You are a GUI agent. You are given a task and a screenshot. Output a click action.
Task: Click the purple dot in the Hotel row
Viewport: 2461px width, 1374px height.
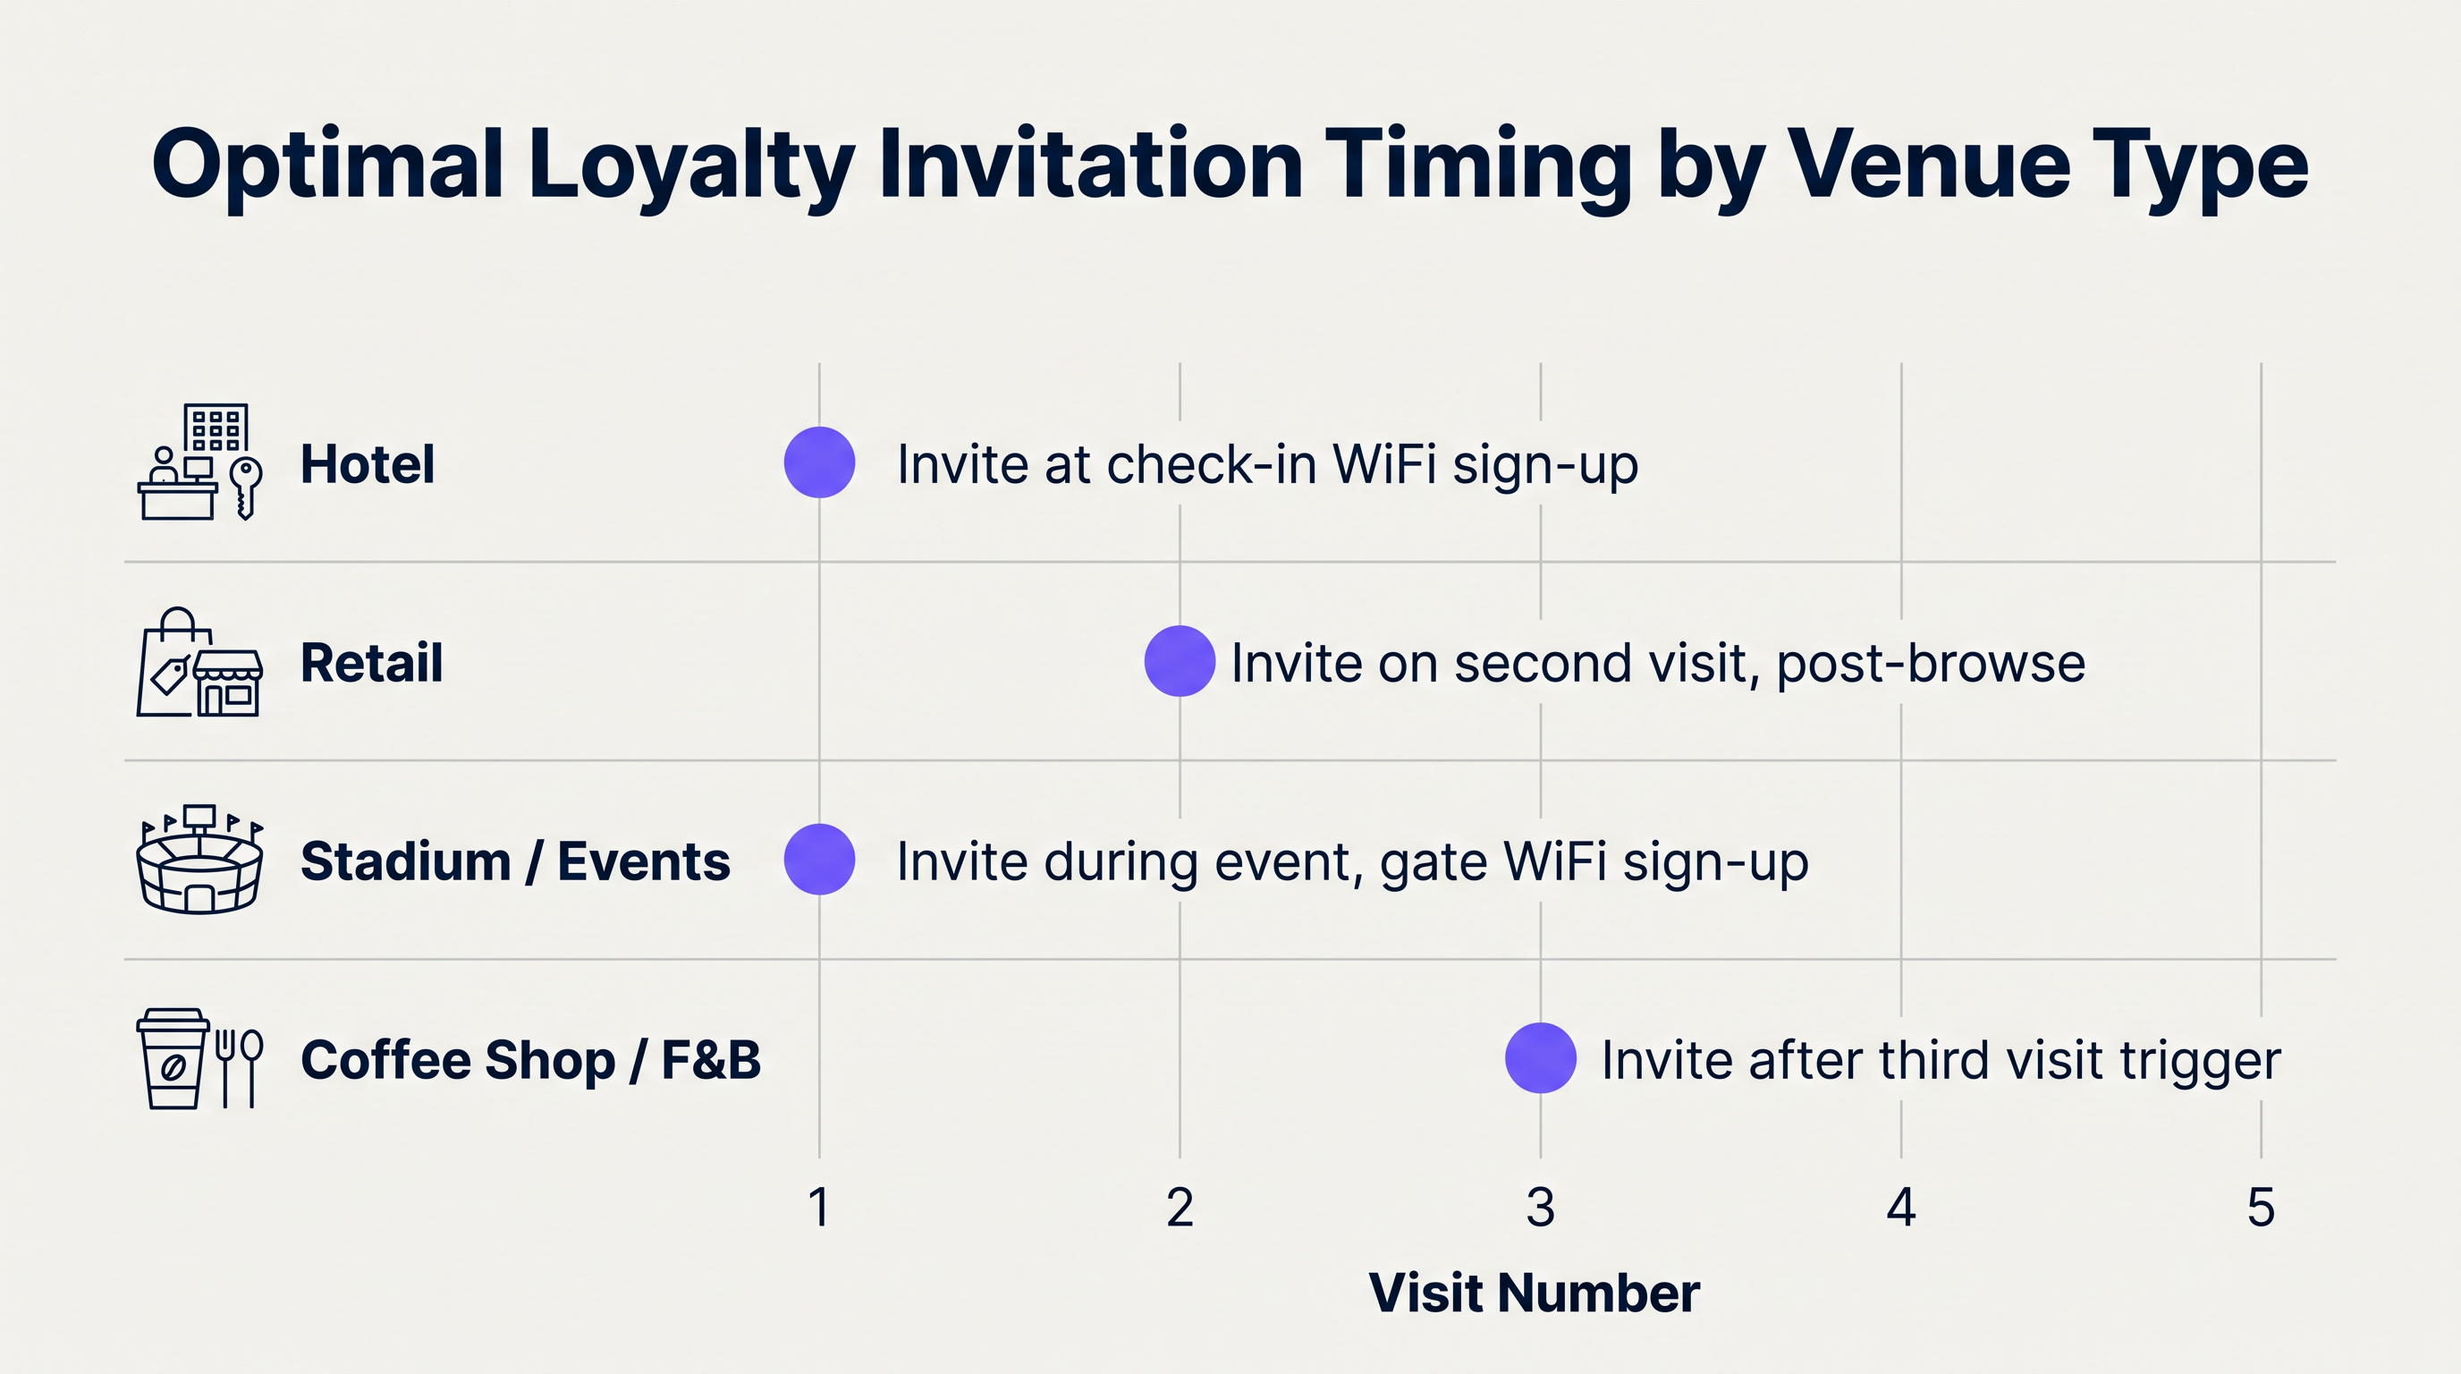tap(819, 462)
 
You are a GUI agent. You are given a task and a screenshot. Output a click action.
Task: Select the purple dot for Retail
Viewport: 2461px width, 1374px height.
tap(1180, 661)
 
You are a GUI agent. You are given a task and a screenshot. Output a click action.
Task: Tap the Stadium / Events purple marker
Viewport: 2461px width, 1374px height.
tap(819, 860)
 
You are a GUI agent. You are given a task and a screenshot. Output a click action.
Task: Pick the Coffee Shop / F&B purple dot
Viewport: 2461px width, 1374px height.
tap(1540, 1057)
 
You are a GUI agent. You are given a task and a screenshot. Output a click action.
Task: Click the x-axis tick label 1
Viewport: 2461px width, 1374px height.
tap(819, 1207)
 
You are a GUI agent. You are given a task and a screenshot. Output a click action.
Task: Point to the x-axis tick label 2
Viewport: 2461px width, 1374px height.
tap(1180, 1207)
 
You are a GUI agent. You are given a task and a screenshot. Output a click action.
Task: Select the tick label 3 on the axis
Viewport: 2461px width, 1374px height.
tap(1540, 1207)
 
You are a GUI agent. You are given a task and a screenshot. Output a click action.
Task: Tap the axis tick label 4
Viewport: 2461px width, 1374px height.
tap(1901, 1207)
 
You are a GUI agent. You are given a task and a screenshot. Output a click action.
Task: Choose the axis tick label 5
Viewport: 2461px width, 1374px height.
tap(2261, 1207)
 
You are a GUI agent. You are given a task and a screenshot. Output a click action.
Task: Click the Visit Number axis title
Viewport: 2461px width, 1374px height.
tap(1535, 1293)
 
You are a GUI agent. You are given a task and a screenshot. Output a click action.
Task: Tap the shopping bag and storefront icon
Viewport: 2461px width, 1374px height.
tap(199, 662)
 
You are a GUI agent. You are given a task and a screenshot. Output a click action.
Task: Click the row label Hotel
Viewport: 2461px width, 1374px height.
tap(368, 464)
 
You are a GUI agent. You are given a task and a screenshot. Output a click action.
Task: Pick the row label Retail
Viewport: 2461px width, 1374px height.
tap(372, 663)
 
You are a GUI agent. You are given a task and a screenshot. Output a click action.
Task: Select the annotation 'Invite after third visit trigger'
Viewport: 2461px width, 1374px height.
tap(1941, 1060)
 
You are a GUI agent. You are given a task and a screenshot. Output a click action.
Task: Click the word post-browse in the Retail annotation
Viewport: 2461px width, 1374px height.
tap(1930, 663)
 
